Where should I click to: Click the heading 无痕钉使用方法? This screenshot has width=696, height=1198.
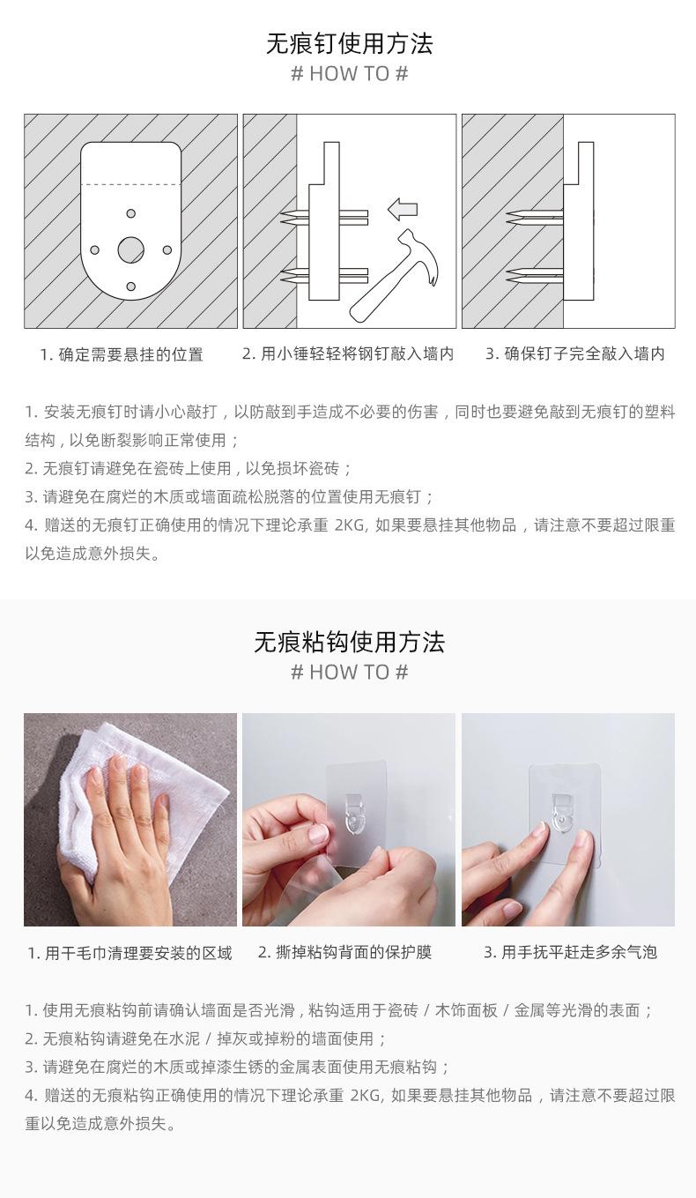tap(349, 44)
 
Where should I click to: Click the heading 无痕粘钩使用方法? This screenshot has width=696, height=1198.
tap(349, 642)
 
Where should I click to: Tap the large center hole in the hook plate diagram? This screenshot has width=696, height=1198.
tap(131, 249)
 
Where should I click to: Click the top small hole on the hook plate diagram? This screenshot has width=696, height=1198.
tap(131, 213)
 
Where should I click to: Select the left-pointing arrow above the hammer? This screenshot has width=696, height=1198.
tap(402, 209)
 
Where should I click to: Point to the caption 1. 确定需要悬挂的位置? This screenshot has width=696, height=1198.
tap(122, 354)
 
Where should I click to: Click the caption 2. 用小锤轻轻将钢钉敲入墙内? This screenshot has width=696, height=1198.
tap(348, 353)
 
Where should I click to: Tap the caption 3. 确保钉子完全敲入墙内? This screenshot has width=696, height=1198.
tap(575, 353)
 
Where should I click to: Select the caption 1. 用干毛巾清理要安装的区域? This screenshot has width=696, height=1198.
tap(130, 953)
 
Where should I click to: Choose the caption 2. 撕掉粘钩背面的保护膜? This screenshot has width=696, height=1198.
tap(344, 952)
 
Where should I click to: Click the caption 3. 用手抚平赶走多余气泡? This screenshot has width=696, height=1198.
tap(570, 952)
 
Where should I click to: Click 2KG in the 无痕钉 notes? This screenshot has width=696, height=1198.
tap(350, 525)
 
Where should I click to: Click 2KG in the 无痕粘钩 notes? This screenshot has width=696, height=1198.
tap(366, 1096)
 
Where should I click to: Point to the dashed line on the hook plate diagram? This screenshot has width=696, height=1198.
tap(131, 185)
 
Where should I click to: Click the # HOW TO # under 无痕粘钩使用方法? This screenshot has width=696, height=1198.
tap(349, 673)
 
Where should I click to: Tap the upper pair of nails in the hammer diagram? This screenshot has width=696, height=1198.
tap(324, 218)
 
